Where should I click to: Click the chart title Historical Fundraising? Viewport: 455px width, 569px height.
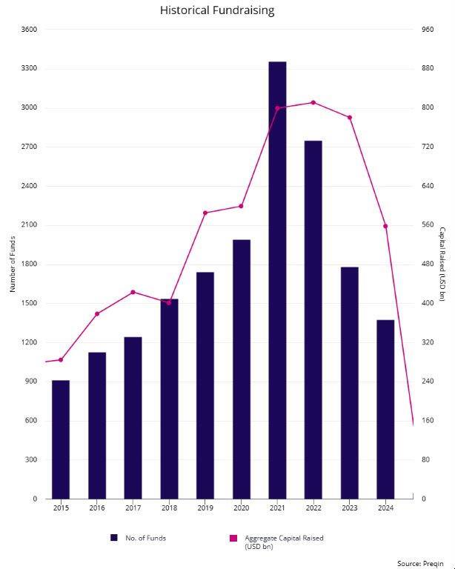(217, 10)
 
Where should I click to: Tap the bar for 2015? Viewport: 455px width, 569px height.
(61, 439)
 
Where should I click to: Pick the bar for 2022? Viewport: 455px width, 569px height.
(313, 319)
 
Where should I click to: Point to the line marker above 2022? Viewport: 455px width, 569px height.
(313, 102)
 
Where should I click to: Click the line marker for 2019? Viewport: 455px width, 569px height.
(205, 213)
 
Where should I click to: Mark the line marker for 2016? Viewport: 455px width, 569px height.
(97, 314)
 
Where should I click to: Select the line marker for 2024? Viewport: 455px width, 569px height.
(385, 226)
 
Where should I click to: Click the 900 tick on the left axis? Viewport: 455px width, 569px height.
(30, 382)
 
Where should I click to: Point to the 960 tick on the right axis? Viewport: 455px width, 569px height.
(428, 30)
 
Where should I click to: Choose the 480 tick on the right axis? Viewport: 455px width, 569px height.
(428, 264)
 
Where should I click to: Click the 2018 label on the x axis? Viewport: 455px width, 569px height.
(169, 508)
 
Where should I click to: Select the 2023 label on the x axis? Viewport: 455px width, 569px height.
(349, 508)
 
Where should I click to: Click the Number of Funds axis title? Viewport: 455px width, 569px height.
(13, 264)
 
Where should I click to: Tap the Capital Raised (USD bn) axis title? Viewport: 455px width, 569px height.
(442, 264)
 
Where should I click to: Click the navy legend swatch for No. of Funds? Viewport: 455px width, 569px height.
(114, 538)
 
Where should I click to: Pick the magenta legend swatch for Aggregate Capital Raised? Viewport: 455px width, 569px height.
(233, 538)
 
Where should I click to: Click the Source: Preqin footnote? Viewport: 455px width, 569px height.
(420, 563)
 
